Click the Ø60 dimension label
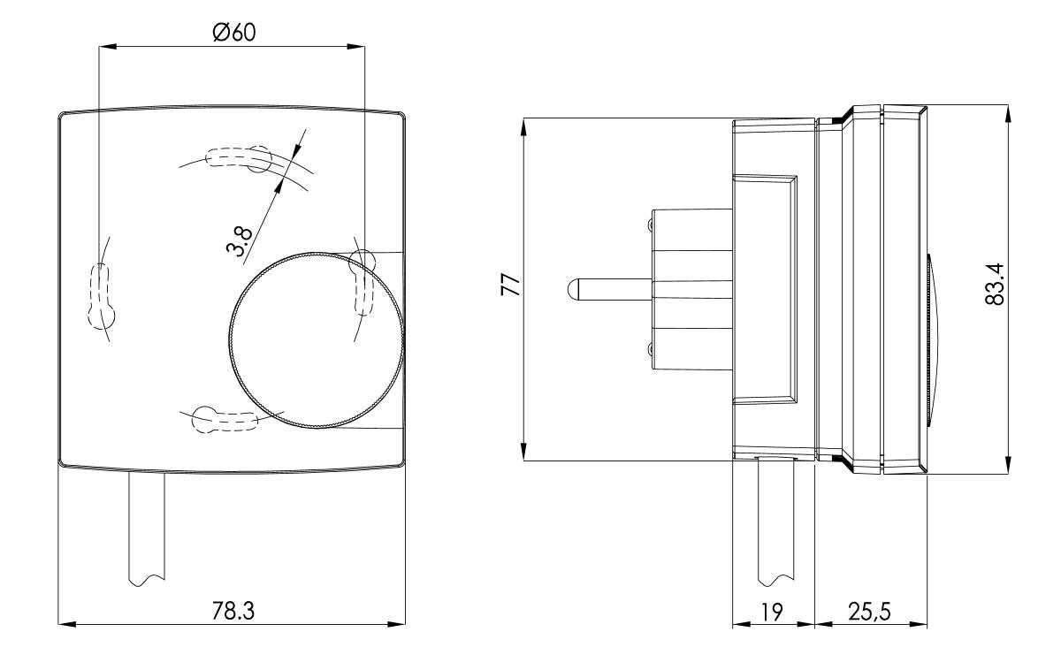(x=233, y=32)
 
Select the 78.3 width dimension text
(x=233, y=611)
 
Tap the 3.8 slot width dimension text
(x=240, y=240)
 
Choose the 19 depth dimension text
(x=772, y=613)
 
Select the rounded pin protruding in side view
(x=606, y=289)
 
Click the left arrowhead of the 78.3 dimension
(x=65, y=624)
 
